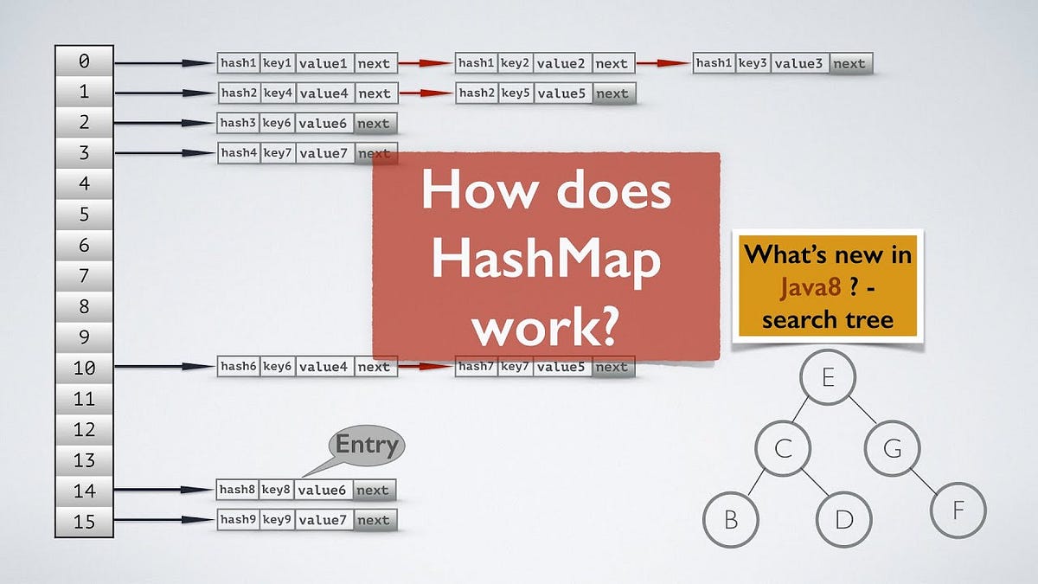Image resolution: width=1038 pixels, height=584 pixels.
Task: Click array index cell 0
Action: pos(84,61)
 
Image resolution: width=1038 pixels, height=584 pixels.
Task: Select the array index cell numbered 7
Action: pos(84,277)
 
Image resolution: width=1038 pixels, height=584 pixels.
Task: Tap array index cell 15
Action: pos(84,522)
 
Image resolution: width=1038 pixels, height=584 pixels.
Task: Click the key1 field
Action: pos(278,63)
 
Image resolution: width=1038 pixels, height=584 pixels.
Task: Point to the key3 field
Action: pos(753,63)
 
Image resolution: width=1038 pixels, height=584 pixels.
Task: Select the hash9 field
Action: pos(238,520)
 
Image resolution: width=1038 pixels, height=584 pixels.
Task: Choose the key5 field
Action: pos(515,93)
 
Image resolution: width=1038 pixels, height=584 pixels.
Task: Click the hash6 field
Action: pos(238,367)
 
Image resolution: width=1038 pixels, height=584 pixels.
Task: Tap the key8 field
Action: pos(277,490)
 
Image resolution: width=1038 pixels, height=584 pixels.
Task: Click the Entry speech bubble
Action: pos(367,446)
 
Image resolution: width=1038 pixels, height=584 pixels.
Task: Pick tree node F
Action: pos(958,510)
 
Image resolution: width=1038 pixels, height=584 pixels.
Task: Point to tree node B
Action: pos(731,520)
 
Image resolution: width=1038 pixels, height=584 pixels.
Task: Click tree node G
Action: pos(892,448)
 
